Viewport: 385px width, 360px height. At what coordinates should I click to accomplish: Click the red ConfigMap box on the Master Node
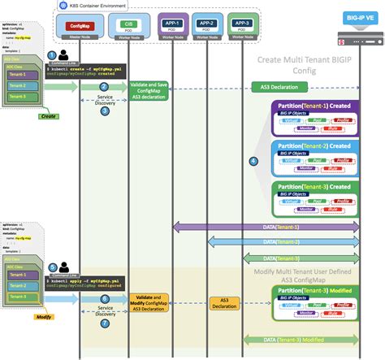79,24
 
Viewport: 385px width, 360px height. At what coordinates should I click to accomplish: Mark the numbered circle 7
104,323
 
